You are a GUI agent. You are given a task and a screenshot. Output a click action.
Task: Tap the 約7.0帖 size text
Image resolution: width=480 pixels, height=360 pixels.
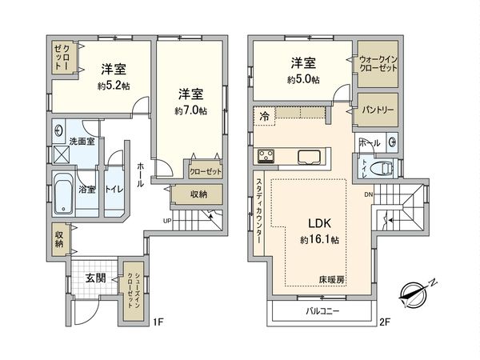192,111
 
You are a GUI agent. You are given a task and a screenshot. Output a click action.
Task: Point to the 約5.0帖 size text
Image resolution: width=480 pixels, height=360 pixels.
304,79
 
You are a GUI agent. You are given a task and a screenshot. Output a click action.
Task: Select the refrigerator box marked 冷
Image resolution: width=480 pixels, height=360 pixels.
265,117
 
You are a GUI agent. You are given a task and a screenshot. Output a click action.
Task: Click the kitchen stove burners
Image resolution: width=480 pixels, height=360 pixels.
266,155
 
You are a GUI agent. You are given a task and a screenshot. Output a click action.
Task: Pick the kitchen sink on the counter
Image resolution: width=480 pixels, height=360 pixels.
309,155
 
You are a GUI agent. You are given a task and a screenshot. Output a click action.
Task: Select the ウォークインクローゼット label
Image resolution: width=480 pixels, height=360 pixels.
377,65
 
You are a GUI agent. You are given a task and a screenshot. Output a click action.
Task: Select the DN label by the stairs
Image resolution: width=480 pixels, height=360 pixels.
367,195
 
